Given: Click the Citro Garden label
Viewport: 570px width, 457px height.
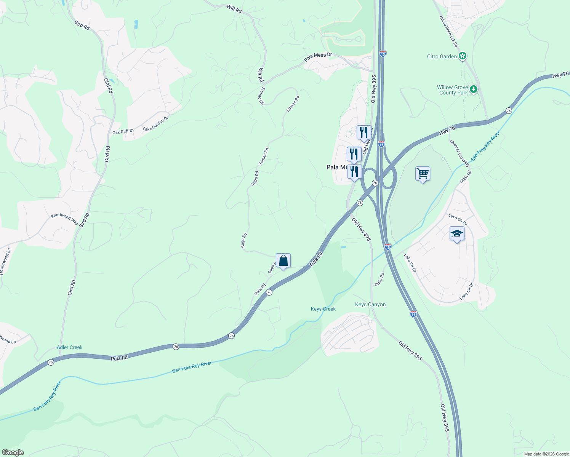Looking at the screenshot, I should (x=442, y=56).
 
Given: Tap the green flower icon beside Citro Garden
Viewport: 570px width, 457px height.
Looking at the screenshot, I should (x=463, y=56).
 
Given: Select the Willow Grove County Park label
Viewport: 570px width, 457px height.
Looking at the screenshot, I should (x=452, y=90).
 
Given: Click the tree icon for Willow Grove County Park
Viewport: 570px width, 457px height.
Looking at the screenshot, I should (x=473, y=89).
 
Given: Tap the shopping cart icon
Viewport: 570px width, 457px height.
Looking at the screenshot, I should (x=423, y=174).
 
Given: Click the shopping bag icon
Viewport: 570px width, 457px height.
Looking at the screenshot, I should (x=283, y=261).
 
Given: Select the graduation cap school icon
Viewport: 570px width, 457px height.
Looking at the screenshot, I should (x=456, y=234).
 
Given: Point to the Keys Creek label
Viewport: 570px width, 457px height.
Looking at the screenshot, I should (x=323, y=309).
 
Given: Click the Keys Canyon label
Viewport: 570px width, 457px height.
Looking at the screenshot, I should (x=370, y=304).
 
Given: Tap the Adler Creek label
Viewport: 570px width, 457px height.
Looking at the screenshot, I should (x=69, y=347).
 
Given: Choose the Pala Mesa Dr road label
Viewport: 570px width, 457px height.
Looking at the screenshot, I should (x=318, y=58).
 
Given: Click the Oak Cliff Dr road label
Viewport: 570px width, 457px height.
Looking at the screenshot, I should (x=123, y=132).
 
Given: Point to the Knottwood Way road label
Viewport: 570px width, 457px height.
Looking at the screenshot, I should (x=65, y=219).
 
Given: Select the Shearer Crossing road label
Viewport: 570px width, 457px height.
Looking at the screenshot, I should (x=459, y=153).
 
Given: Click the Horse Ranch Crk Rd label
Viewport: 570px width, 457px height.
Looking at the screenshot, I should (x=448, y=31).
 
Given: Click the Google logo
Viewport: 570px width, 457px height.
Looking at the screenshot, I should (x=12, y=452).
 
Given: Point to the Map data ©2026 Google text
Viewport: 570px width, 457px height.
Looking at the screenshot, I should (x=546, y=454).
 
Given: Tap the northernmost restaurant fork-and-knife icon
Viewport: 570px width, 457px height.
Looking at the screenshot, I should (x=364, y=133).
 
